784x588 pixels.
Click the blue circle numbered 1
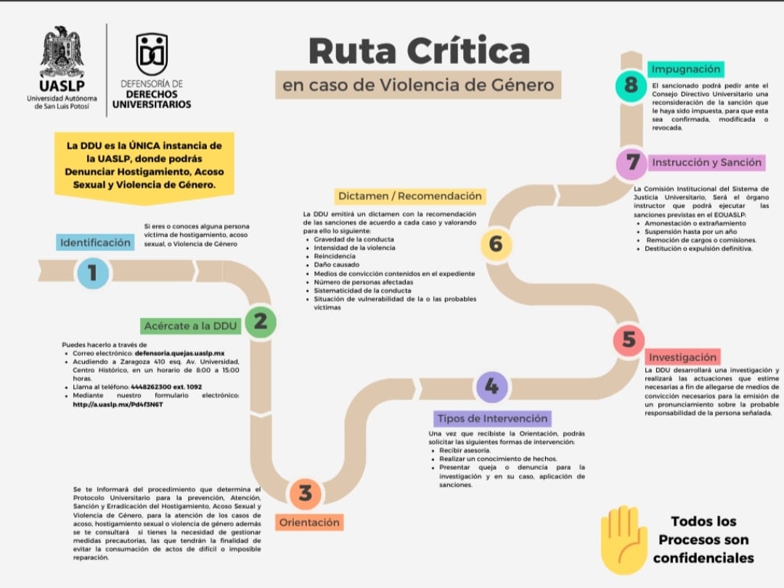tap(93, 272)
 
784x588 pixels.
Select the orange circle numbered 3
tap(306, 493)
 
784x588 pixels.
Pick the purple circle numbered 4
tap(491, 386)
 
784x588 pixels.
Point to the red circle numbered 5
tap(629, 339)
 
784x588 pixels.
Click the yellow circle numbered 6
tap(496, 244)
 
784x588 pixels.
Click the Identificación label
tap(96, 242)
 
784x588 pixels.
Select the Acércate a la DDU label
tap(191, 326)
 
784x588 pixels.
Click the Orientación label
tap(309, 522)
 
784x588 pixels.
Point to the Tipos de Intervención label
tap(492, 418)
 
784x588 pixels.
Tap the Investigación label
tap(682, 357)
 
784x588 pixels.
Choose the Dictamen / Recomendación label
tap(409, 196)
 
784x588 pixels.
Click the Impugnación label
tap(686, 69)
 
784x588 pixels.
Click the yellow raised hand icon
tap(623, 539)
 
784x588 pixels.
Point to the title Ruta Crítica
tap(419, 51)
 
